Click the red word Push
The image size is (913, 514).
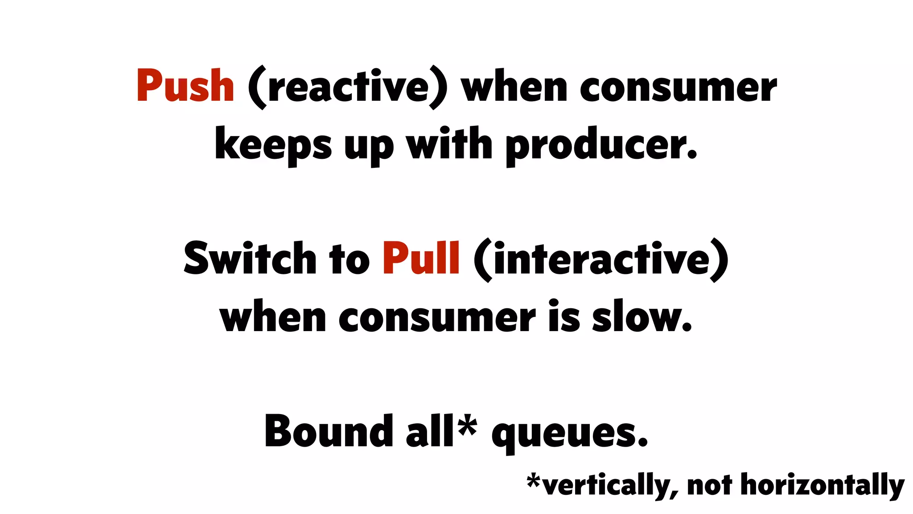185,86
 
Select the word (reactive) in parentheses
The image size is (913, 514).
347,87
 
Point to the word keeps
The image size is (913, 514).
273,145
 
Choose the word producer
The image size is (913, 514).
601,145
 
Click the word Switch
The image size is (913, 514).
250,259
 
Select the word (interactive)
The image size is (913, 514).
600,260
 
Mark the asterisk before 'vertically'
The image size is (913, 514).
534,481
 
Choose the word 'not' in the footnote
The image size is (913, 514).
709,485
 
